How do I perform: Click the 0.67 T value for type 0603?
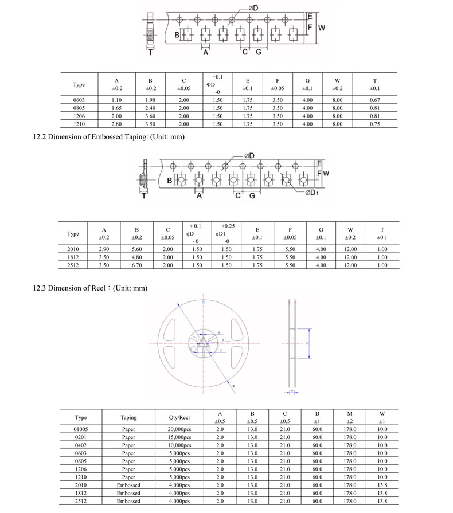[x=374, y=100]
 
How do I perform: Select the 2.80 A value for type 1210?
[x=116, y=124]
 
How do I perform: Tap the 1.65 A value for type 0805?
[x=116, y=108]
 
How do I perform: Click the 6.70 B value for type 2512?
[x=136, y=265]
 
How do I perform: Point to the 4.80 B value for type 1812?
[x=136, y=257]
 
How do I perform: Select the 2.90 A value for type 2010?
[x=104, y=249]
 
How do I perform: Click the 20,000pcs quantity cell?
[x=179, y=429]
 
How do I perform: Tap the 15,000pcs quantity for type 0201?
[x=179, y=437]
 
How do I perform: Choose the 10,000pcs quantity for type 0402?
[x=179, y=445]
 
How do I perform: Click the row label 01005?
[x=81, y=429]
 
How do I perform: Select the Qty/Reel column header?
[x=179, y=417]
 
